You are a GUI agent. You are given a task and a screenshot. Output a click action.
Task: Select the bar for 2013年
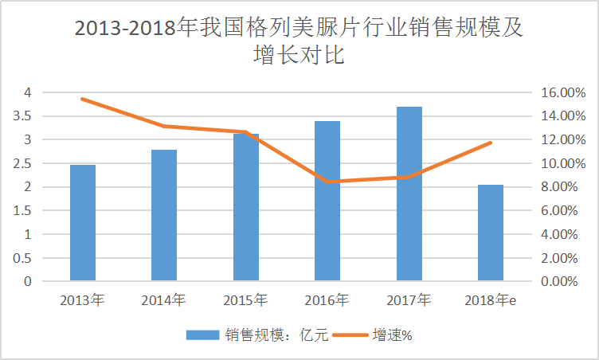(x=82, y=223)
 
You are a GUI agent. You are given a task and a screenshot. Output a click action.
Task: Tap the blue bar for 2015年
(x=245, y=207)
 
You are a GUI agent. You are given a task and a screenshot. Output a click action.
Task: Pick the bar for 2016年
(x=327, y=201)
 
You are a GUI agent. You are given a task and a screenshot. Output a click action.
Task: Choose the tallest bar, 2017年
(x=409, y=194)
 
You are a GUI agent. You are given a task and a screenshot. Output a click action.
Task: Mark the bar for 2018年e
(x=491, y=233)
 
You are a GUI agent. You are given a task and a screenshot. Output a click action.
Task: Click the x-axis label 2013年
(x=82, y=300)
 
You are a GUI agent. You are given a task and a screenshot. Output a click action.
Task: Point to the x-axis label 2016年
(x=327, y=300)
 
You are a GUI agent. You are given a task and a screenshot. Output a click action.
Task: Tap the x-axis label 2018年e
(x=491, y=300)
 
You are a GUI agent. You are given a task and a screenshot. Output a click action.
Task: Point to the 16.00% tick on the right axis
(x=562, y=92)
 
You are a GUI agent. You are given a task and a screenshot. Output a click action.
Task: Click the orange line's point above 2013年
(x=82, y=99)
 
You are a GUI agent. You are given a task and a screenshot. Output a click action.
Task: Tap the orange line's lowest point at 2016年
(x=327, y=182)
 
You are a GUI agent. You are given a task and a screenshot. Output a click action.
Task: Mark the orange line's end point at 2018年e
(x=491, y=143)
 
